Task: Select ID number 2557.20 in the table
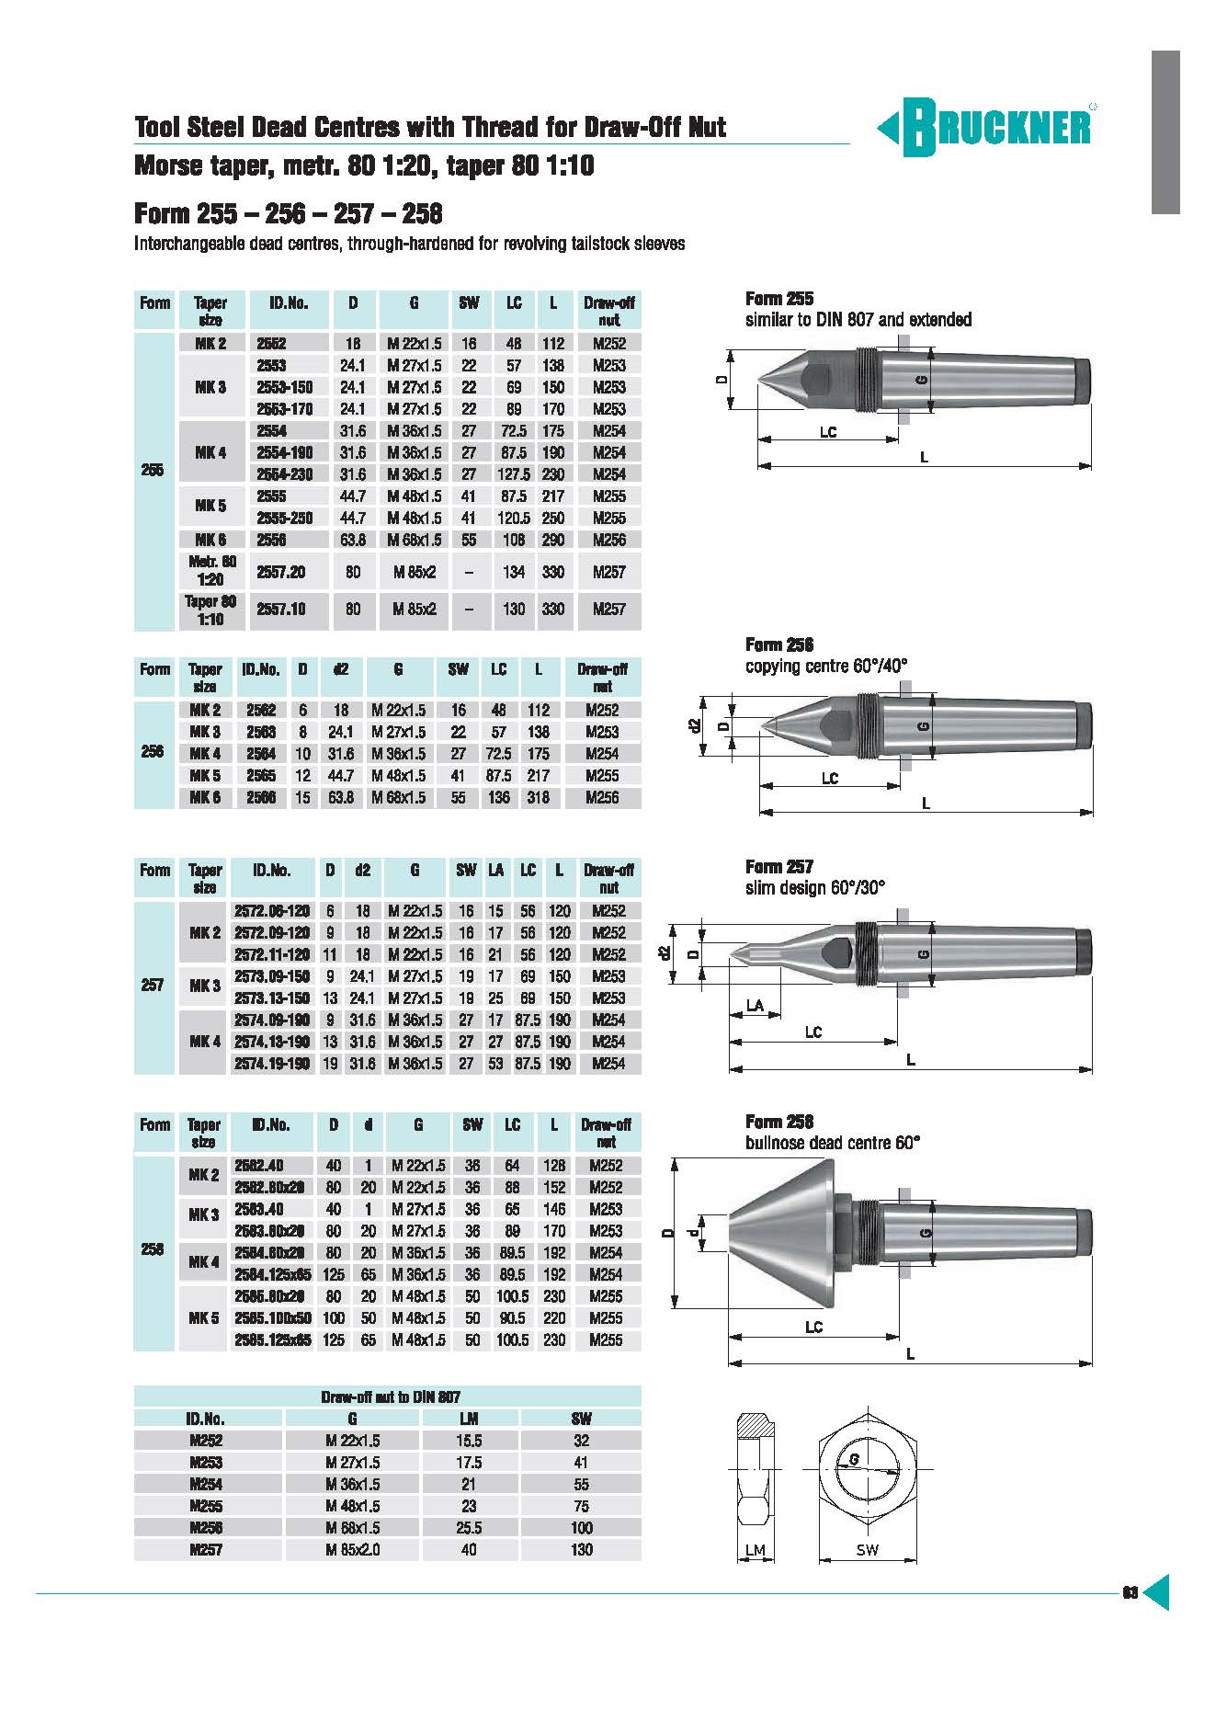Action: tap(280, 572)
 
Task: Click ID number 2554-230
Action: tap(284, 474)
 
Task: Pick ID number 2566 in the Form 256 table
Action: tap(261, 797)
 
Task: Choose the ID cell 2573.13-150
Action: tap(271, 997)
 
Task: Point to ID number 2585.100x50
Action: tap(273, 1317)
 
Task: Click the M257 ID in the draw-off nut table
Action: tap(206, 1549)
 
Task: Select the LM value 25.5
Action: tap(469, 1527)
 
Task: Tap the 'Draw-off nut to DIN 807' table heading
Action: tap(391, 1396)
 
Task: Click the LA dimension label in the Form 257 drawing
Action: tap(755, 1006)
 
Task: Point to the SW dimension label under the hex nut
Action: tap(867, 1549)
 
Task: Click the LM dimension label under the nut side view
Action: tap(755, 1549)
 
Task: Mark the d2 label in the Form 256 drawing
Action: tap(696, 725)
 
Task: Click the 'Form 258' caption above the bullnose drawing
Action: tap(778, 1122)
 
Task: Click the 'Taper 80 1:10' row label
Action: tap(210, 610)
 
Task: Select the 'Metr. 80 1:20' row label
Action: tap(210, 571)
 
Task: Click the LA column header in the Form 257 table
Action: tap(496, 870)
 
